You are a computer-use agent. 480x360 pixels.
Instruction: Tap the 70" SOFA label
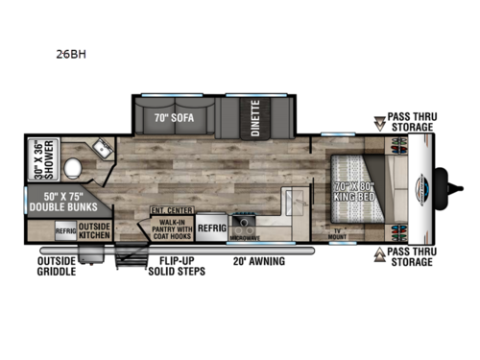pyautogui.click(x=173, y=120)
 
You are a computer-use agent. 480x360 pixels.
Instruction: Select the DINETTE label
pyautogui.click(x=255, y=118)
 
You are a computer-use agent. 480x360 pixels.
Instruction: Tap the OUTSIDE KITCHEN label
pyautogui.click(x=121, y=230)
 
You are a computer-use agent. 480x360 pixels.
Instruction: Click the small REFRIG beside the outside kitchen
pyautogui.click(x=92, y=230)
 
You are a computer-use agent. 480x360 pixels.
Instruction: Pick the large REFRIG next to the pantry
pyautogui.click(x=212, y=229)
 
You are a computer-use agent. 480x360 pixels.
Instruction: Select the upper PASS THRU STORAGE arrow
pyautogui.click(x=382, y=123)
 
